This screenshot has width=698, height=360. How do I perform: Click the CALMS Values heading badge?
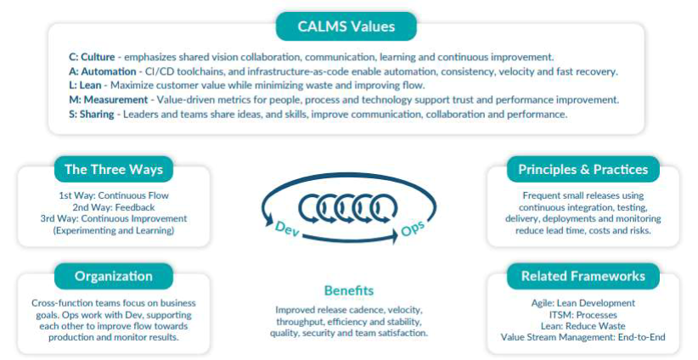click(346, 26)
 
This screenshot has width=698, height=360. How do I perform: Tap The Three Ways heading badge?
click(113, 169)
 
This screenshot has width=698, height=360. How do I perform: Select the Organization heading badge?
click(113, 276)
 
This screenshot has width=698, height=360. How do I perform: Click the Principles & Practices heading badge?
click(583, 169)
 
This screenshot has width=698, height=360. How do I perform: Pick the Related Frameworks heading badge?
click(583, 276)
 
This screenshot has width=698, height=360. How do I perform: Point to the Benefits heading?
click(348, 290)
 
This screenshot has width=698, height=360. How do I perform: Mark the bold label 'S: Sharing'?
click(93, 114)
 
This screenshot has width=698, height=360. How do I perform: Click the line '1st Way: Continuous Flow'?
click(113, 195)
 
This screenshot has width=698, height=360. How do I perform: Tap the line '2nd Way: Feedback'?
click(113, 206)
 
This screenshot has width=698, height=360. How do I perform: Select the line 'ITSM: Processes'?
click(583, 314)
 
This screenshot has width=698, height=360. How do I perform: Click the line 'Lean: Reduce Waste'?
click(583, 326)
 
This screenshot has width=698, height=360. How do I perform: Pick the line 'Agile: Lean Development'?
click(583, 303)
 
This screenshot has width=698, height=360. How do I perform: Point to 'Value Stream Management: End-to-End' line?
click(583, 337)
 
